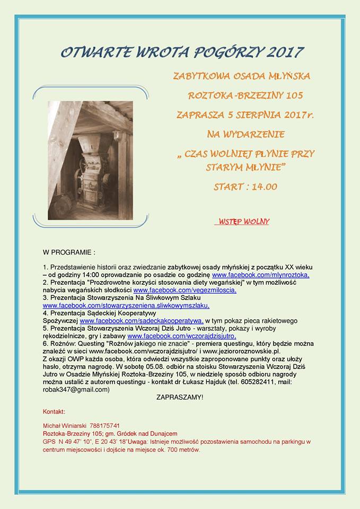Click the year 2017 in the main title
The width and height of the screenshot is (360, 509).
(284, 52)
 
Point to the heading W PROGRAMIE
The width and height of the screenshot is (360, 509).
(69, 251)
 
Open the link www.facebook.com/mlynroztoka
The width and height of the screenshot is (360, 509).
(260, 275)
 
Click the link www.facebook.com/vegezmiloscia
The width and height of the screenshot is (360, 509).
(185, 290)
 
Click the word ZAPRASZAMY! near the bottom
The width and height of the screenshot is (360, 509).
(180, 397)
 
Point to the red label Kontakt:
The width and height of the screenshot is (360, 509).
(54, 411)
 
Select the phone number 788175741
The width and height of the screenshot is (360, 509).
(106, 426)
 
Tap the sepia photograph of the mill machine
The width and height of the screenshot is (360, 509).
(90, 160)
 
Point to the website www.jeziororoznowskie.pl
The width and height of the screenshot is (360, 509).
(234, 351)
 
